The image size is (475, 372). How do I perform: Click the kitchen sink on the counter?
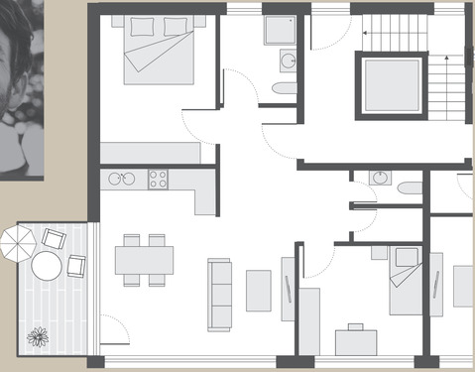pos(121,180)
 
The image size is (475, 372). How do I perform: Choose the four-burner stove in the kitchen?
pos(158,180)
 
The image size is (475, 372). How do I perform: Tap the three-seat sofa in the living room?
pos(219,295)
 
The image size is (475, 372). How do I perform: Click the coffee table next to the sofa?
pos(258,291)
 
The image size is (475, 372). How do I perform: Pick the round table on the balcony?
pos(47,266)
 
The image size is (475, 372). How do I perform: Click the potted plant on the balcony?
pos(38,336)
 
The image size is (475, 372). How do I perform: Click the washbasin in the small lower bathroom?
pos(380,179)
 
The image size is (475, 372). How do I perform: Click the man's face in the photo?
pos(15,60)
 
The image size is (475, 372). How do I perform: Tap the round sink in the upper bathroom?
pos(288,62)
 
